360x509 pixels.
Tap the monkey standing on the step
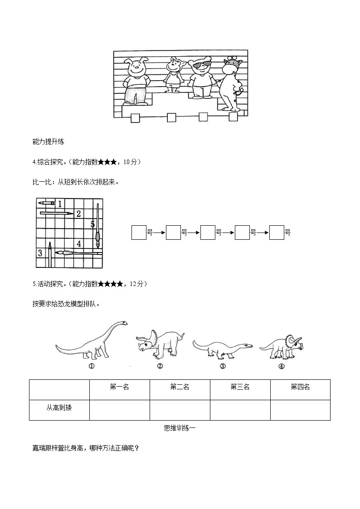pos(173,74)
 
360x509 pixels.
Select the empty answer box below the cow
pos(233,117)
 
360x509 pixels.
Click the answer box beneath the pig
pos(136,118)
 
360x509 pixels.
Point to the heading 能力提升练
pos(49,142)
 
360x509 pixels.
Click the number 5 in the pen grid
pos(92,223)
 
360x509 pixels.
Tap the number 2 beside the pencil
pos(78,213)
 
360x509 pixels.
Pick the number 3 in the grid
pos(40,253)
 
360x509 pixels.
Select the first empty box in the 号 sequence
pos(139,233)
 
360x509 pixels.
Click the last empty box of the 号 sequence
pos(277,233)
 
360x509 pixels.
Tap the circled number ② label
pos(160,366)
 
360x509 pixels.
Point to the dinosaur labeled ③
pos(222,348)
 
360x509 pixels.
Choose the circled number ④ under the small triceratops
pos(282,366)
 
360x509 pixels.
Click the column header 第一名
pos(120,387)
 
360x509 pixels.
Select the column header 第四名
pos(300,387)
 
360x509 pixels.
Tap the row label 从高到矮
pos(59,407)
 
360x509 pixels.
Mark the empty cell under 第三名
pos(240,410)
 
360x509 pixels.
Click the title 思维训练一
pos(180,427)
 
